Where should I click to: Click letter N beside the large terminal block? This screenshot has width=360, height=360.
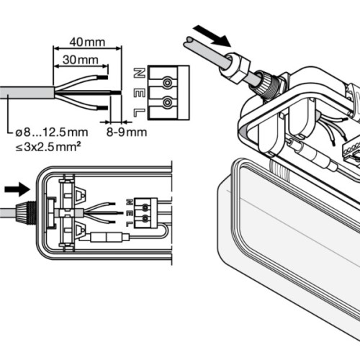click(140, 72)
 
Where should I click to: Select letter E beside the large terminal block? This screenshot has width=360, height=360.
click(140, 91)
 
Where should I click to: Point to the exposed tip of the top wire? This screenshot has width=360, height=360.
click(104, 77)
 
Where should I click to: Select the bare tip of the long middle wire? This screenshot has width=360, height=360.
click(114, 92)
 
